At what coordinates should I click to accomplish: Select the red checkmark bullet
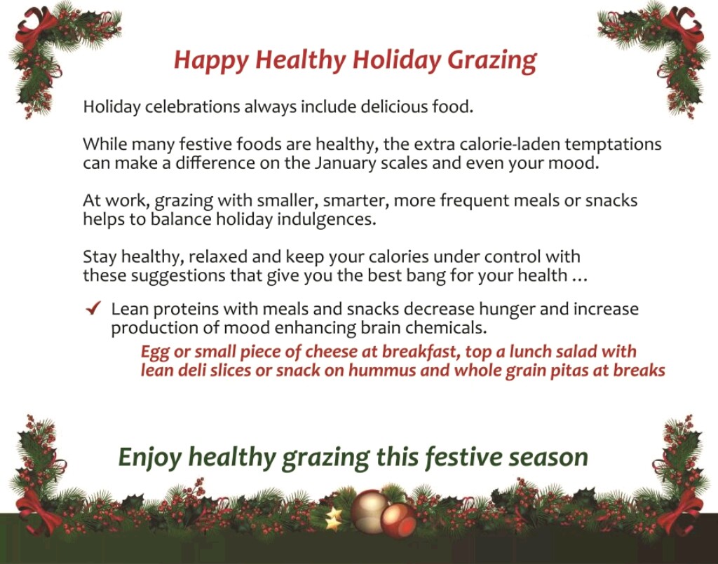coord(93,308)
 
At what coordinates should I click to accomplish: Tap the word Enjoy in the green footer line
coord(150,458)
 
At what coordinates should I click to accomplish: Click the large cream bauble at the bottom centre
coord(370,511)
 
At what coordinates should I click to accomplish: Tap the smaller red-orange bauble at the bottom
coord(398,520)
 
